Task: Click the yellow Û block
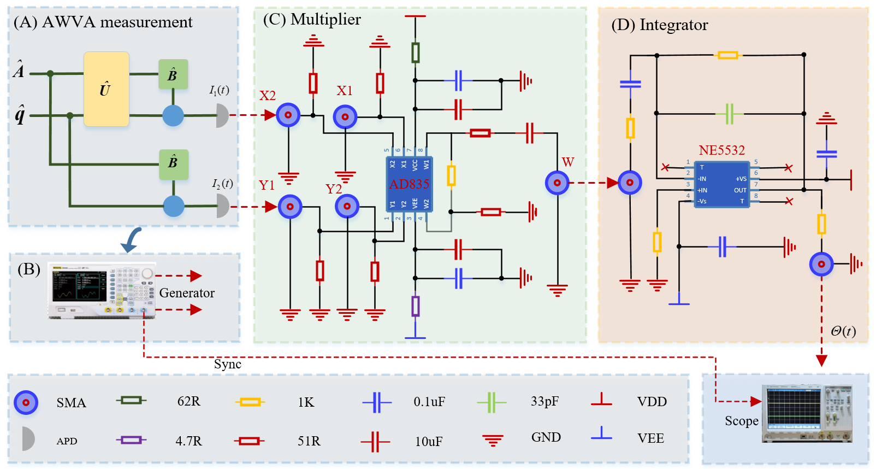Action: click(106, 89)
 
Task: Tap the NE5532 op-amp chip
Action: click(721, 184)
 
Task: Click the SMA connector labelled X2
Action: click(288, 115)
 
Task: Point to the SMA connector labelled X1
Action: click(345, 116)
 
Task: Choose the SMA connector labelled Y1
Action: click(290, 207)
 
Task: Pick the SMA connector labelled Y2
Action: click(347, 206)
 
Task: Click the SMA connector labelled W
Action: click(557, 183)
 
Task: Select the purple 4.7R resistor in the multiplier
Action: click(416, 306)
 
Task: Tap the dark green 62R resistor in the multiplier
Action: click(416, 52)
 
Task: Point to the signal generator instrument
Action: click(102, 290)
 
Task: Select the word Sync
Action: click(228, 364)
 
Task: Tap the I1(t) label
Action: click(219, 90)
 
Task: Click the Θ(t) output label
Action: click(843, 331)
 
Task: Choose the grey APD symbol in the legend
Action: click(28, 439)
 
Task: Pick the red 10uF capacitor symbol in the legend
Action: click(375, 441)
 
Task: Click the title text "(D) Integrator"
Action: click(660, 25)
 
